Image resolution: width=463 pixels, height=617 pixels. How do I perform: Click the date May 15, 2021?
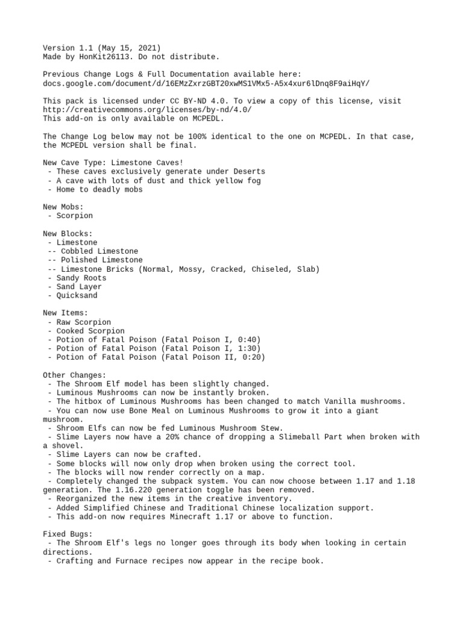tap(127, 48)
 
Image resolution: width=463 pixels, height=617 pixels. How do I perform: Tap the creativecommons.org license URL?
tap(147, 110)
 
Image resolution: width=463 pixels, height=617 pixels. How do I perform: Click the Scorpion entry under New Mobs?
tap(75, 215)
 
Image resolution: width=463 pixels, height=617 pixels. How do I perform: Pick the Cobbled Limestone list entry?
tap(99, 251)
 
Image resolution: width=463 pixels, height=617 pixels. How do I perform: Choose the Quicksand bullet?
tap(77, 296)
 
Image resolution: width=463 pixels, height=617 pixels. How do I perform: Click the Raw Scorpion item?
tap(84, 322)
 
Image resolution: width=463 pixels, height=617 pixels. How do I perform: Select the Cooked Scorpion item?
tap(90, 331)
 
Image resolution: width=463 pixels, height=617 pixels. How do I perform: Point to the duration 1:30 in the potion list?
tap(247, 349)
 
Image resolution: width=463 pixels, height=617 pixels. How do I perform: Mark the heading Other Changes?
tap(75, 375)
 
